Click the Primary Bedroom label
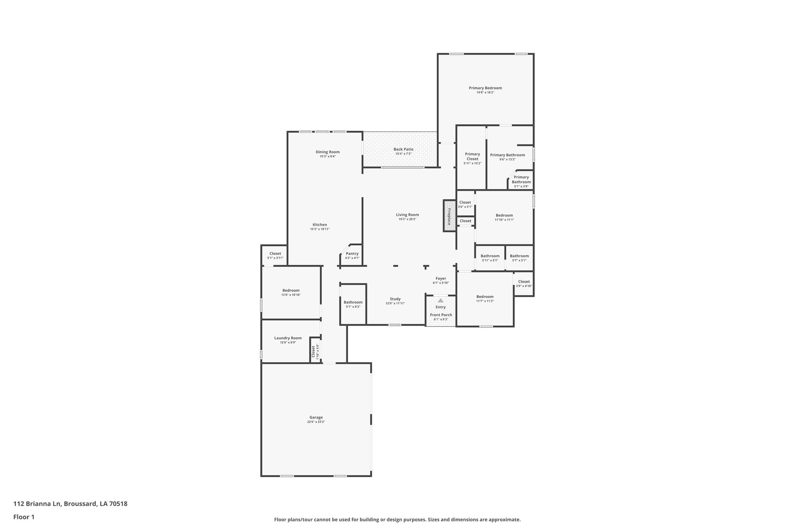click(x=485, y=88)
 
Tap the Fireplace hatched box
click(x=450, y=216)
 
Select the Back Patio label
click(x=403, y=149)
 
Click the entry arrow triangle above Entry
click(x=441, y=300)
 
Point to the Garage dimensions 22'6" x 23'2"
click(x=316, y=422)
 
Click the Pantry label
click(x=352, y=254)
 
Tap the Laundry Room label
click(x=288, y=338)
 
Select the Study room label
click(x=395, y=299)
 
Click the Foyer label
click(x=441, y=278)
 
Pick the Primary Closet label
click(x=472, y=156)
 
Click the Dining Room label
click(x=328, y=152)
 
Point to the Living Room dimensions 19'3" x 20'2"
click(x=407, y=219)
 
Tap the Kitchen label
click(x=320, y=225)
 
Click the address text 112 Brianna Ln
click(x=37, y=504)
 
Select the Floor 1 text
click(x=24, y=517)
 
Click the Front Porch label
click(x=441, y=315)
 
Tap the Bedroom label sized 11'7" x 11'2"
click(x=485, y=297)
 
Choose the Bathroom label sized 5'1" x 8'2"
click(x=353, y=302)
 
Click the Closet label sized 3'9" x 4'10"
click(x=524, y=282)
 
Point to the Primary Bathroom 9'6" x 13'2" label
click(x=507, y=155)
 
